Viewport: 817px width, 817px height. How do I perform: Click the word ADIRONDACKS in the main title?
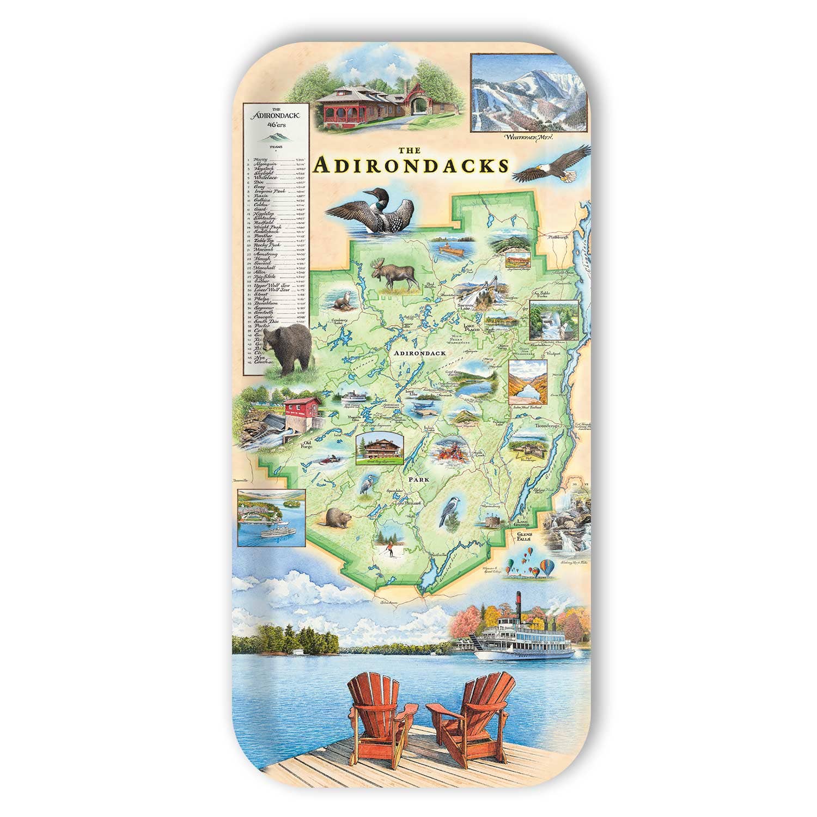click(x=413, y=166)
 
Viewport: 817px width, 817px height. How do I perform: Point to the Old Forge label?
click(x=308, y=444)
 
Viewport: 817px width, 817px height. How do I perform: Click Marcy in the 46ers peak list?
click(x=269, y=159)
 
